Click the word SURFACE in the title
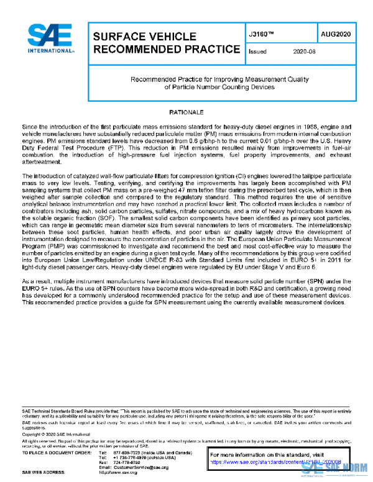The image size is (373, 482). coord(120,37)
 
